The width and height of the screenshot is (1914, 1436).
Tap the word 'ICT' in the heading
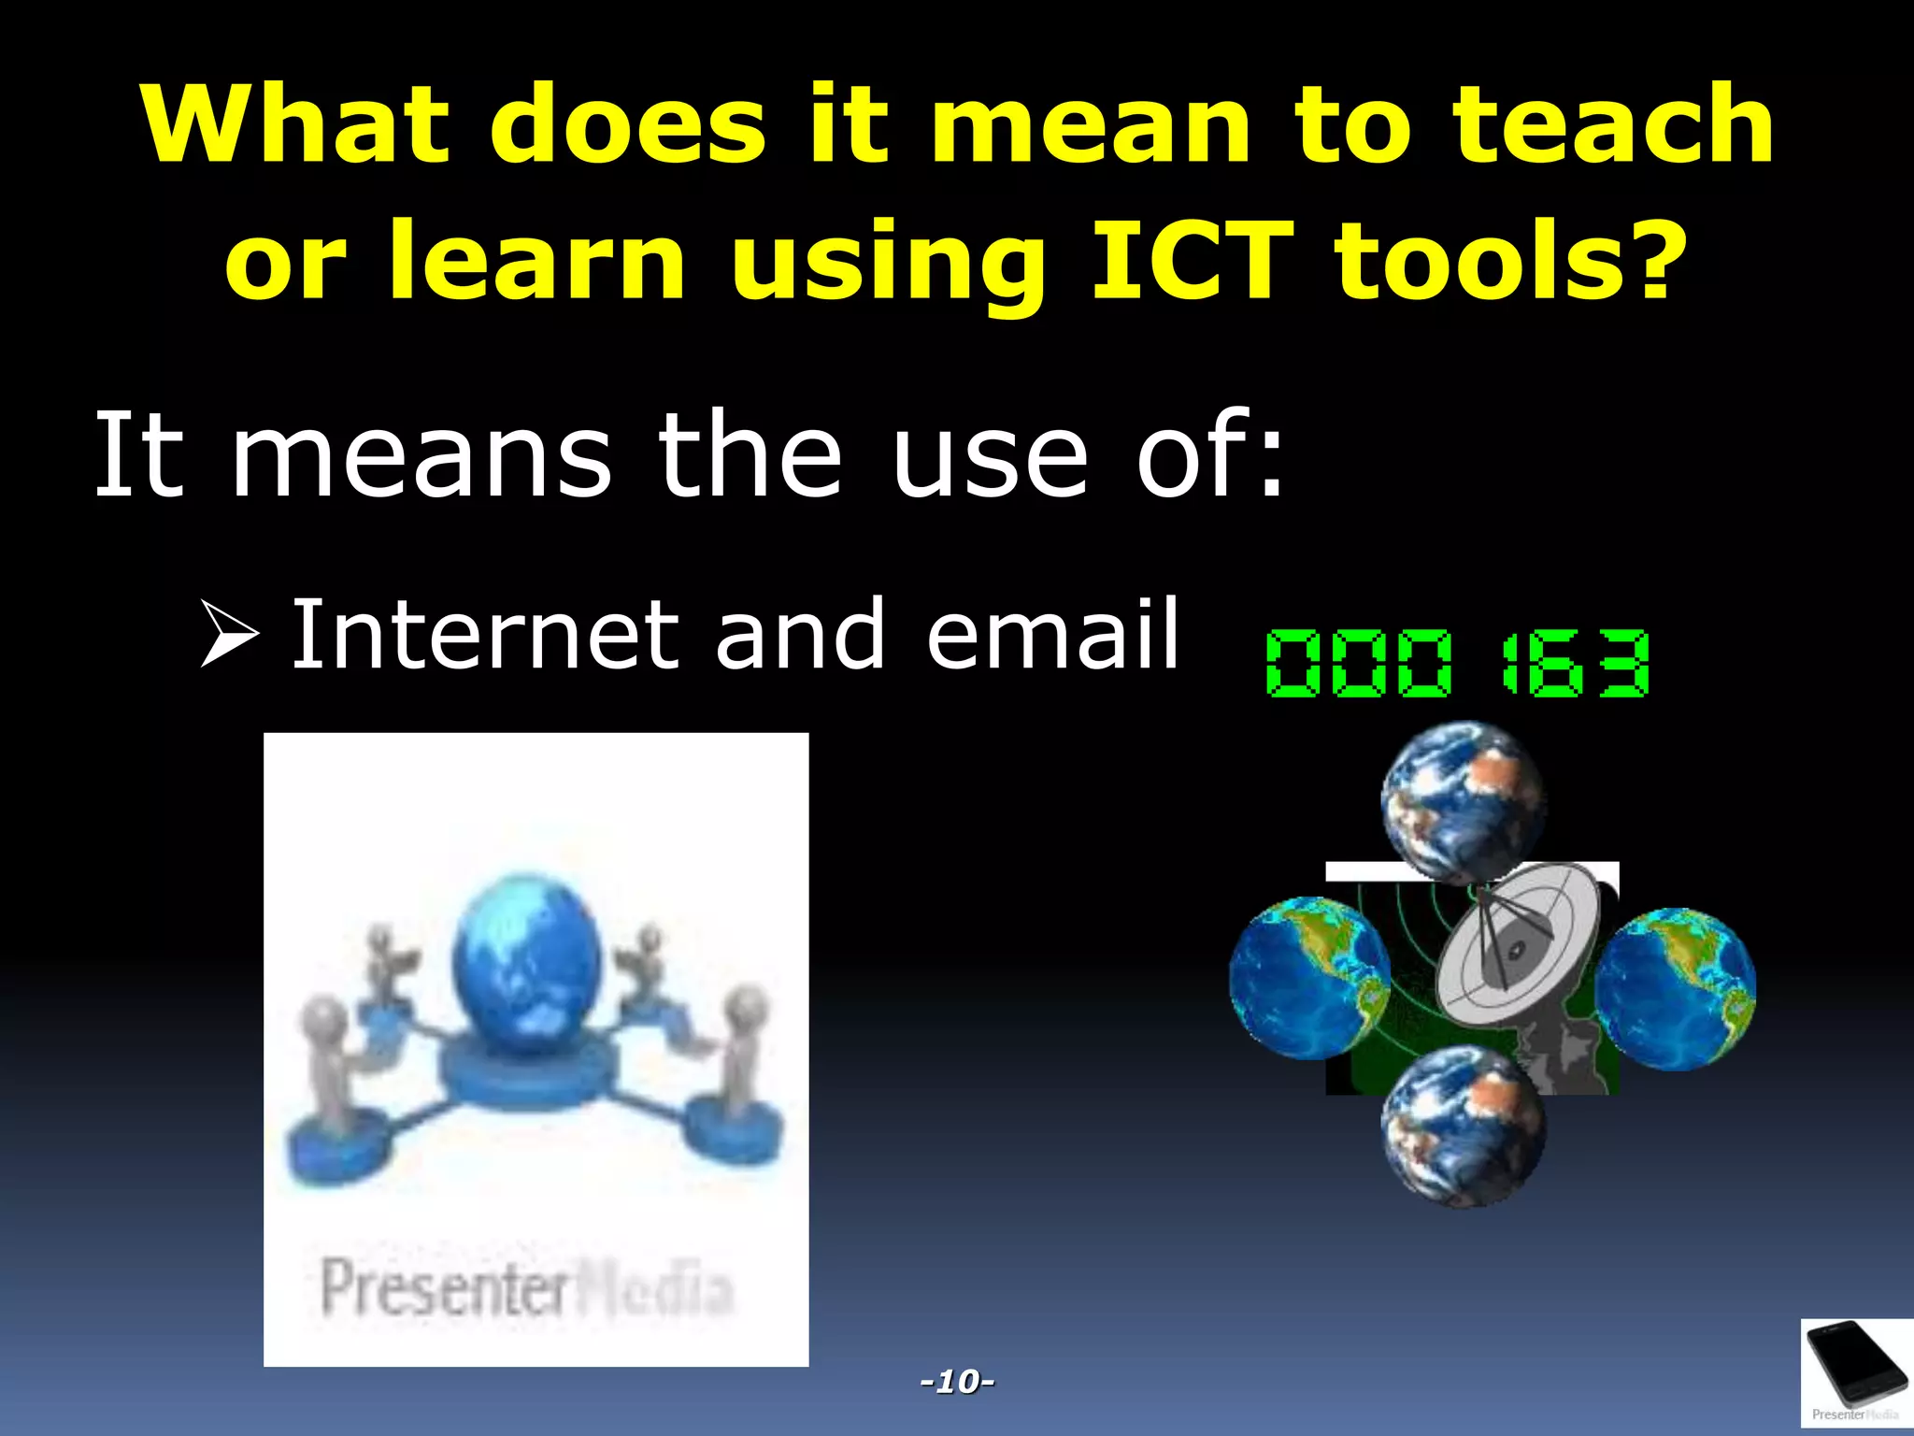(x=1192, y=262)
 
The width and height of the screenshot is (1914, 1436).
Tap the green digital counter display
(x=1457, y=664)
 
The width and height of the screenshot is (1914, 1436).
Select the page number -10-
(x=957, y=1381)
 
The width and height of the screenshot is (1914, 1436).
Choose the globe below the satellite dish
(x=1463, y=1127)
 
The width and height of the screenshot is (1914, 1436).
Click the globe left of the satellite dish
(x=1308, y=978)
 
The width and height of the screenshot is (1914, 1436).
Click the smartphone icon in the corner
(x=1856, y=1370)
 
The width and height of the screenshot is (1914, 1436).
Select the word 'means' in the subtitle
(x=421, y=458)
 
